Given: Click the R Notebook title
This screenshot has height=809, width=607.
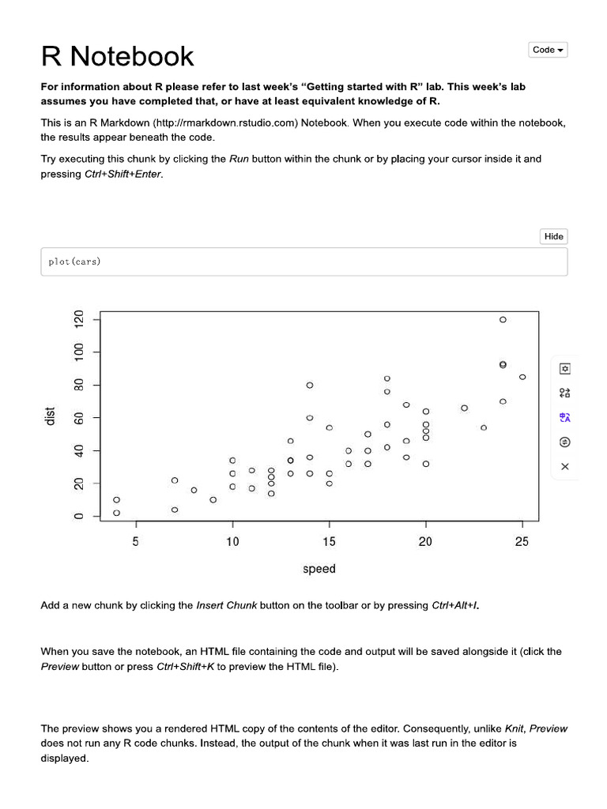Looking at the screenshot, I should (117, 56).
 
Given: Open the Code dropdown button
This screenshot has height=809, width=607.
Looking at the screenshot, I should (548, 50).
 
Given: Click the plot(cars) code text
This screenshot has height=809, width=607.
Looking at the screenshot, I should (74, 262).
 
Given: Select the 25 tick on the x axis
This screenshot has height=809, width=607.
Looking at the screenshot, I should (522, 542).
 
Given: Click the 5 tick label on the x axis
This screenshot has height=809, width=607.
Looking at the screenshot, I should (136, 542).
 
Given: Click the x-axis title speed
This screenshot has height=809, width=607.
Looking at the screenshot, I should (319, 569).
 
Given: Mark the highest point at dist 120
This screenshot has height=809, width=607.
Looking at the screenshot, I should (503, 320).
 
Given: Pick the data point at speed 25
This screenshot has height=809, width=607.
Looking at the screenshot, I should (522, 377).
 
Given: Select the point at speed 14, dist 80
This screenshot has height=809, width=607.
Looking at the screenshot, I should (310, 385).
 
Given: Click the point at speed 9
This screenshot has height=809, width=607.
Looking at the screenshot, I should (213, 499).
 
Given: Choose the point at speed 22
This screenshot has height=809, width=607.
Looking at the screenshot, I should (464, 408).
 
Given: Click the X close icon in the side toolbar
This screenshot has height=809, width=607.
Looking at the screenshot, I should (564, 466).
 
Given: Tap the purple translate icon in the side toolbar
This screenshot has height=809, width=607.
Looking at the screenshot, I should (564, 417).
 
